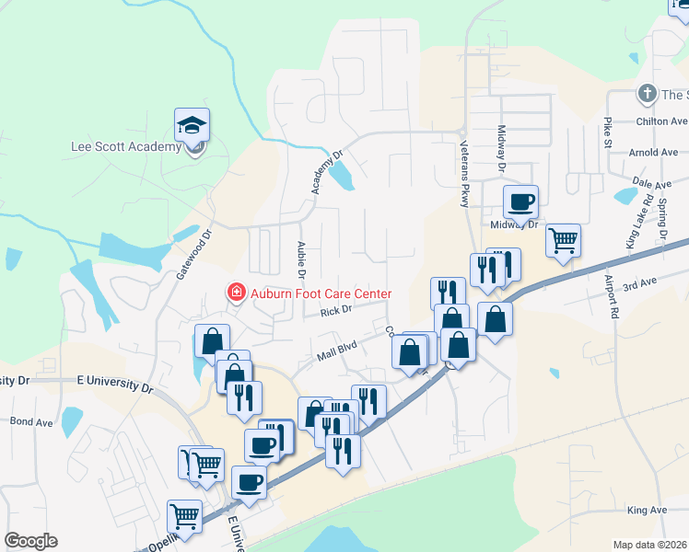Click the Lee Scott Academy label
[126, 147]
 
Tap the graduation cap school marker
[193, 125]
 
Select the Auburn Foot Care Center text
[321, 293]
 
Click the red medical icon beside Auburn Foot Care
[236, 293]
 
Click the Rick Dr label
[336, 312]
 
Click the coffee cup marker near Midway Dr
[520, 202]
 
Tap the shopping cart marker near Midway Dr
[562, 241]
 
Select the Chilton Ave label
[661, 121]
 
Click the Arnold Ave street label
[655, 152]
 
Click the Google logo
[30, 541]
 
